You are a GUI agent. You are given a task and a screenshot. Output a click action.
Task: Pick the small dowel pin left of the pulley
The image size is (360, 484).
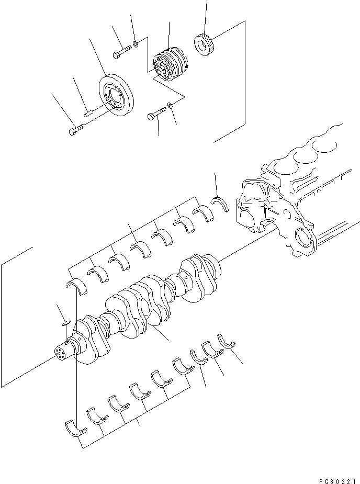(88, 111)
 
